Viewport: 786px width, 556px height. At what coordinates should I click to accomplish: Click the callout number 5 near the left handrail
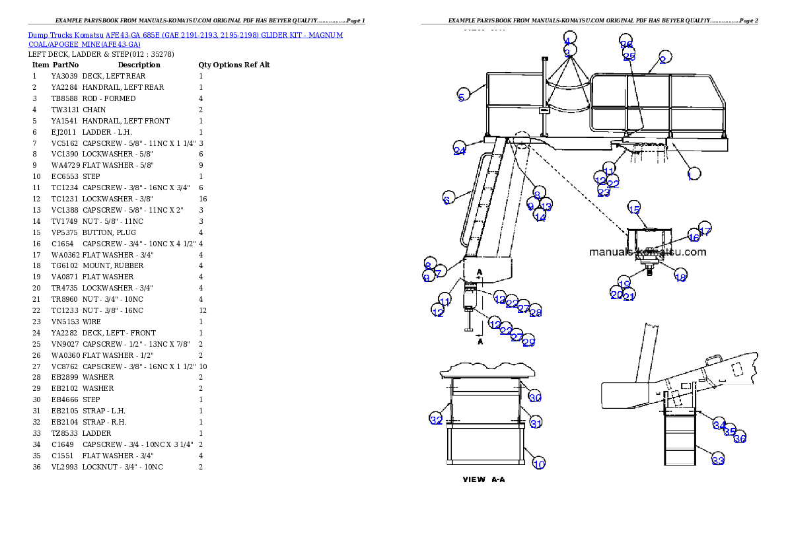pyautogui.click(x=462, y=96)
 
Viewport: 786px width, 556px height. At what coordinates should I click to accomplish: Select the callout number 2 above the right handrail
pyautogui.click(x=662, y=60)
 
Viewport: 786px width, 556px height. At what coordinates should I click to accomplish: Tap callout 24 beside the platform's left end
pyautogui.click(x=460, y=151)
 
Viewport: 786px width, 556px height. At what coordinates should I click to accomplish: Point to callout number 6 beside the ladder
pyautogui.click(x=447, y=199)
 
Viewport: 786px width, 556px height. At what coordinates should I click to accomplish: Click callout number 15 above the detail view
pyautogui.click(x=633, y=209)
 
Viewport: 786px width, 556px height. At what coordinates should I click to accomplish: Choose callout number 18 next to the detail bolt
pyautogui.click(x=680, y=277)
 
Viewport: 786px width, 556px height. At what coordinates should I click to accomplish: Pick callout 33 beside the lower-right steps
pyautogui.click(x=717, y=460)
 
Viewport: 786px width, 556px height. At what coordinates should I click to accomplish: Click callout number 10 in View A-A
pyautogui.click(x=539, y=464)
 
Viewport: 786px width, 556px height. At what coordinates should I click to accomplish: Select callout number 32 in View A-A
pyautogui.click(x=436, y=420)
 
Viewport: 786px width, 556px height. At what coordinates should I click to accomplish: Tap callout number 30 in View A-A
pyautogui.click(x=535, y=398)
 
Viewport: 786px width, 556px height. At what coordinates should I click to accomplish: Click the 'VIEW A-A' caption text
pyautogui.click(x=483, y=479)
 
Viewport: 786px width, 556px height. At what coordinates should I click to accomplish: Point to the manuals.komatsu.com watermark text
pyautogui.click(x=647, y=252)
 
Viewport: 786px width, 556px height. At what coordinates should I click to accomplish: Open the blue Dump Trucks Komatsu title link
pyautogui.click(x=185, y=40)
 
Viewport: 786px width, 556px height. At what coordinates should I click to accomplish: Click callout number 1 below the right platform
pyautogui.click(x=690, y=176)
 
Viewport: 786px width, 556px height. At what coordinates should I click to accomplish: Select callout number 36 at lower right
pyautogui.click(x=740, y=438)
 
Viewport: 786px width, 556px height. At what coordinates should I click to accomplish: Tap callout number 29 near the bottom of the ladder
pyautogui.click(x=528, y=341)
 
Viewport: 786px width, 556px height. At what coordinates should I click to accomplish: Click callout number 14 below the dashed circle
pyautogui.click(x=540, y=217)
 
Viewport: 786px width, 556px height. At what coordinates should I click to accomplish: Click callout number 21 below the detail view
pyautogui.click(x=629, y=296)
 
